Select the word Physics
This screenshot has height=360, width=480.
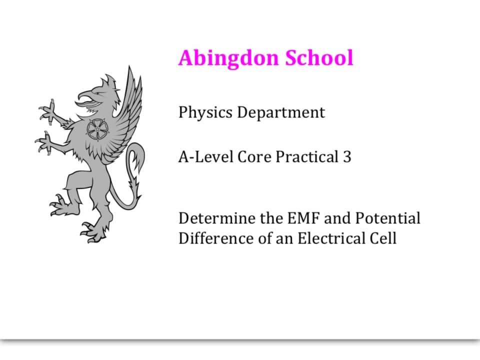(x=205, y=112)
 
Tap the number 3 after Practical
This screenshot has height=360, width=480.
(x=347, y=157)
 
